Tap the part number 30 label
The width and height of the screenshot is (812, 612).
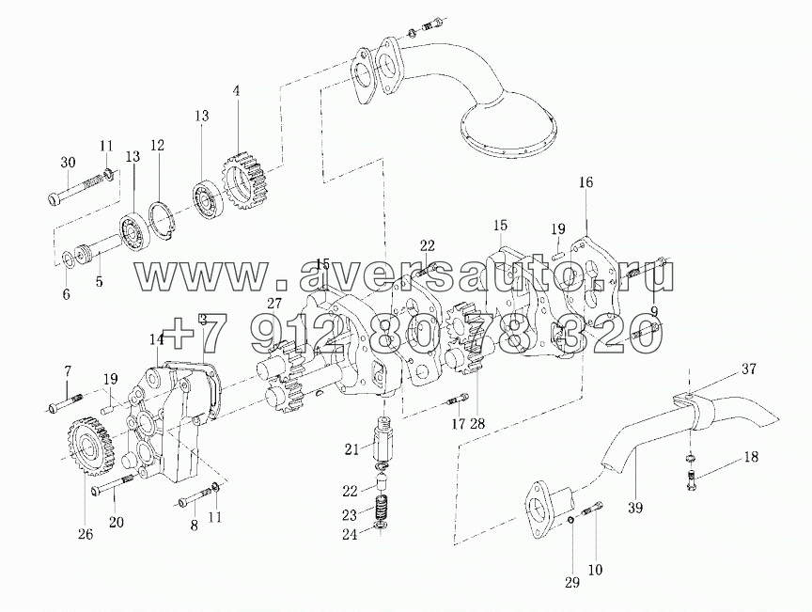(x=67, y=162)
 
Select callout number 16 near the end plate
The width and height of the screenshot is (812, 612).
(x=586, y=182)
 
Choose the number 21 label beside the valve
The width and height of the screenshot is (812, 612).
(x=351, y=449)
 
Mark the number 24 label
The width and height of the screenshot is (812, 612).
(x=350, y=535)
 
